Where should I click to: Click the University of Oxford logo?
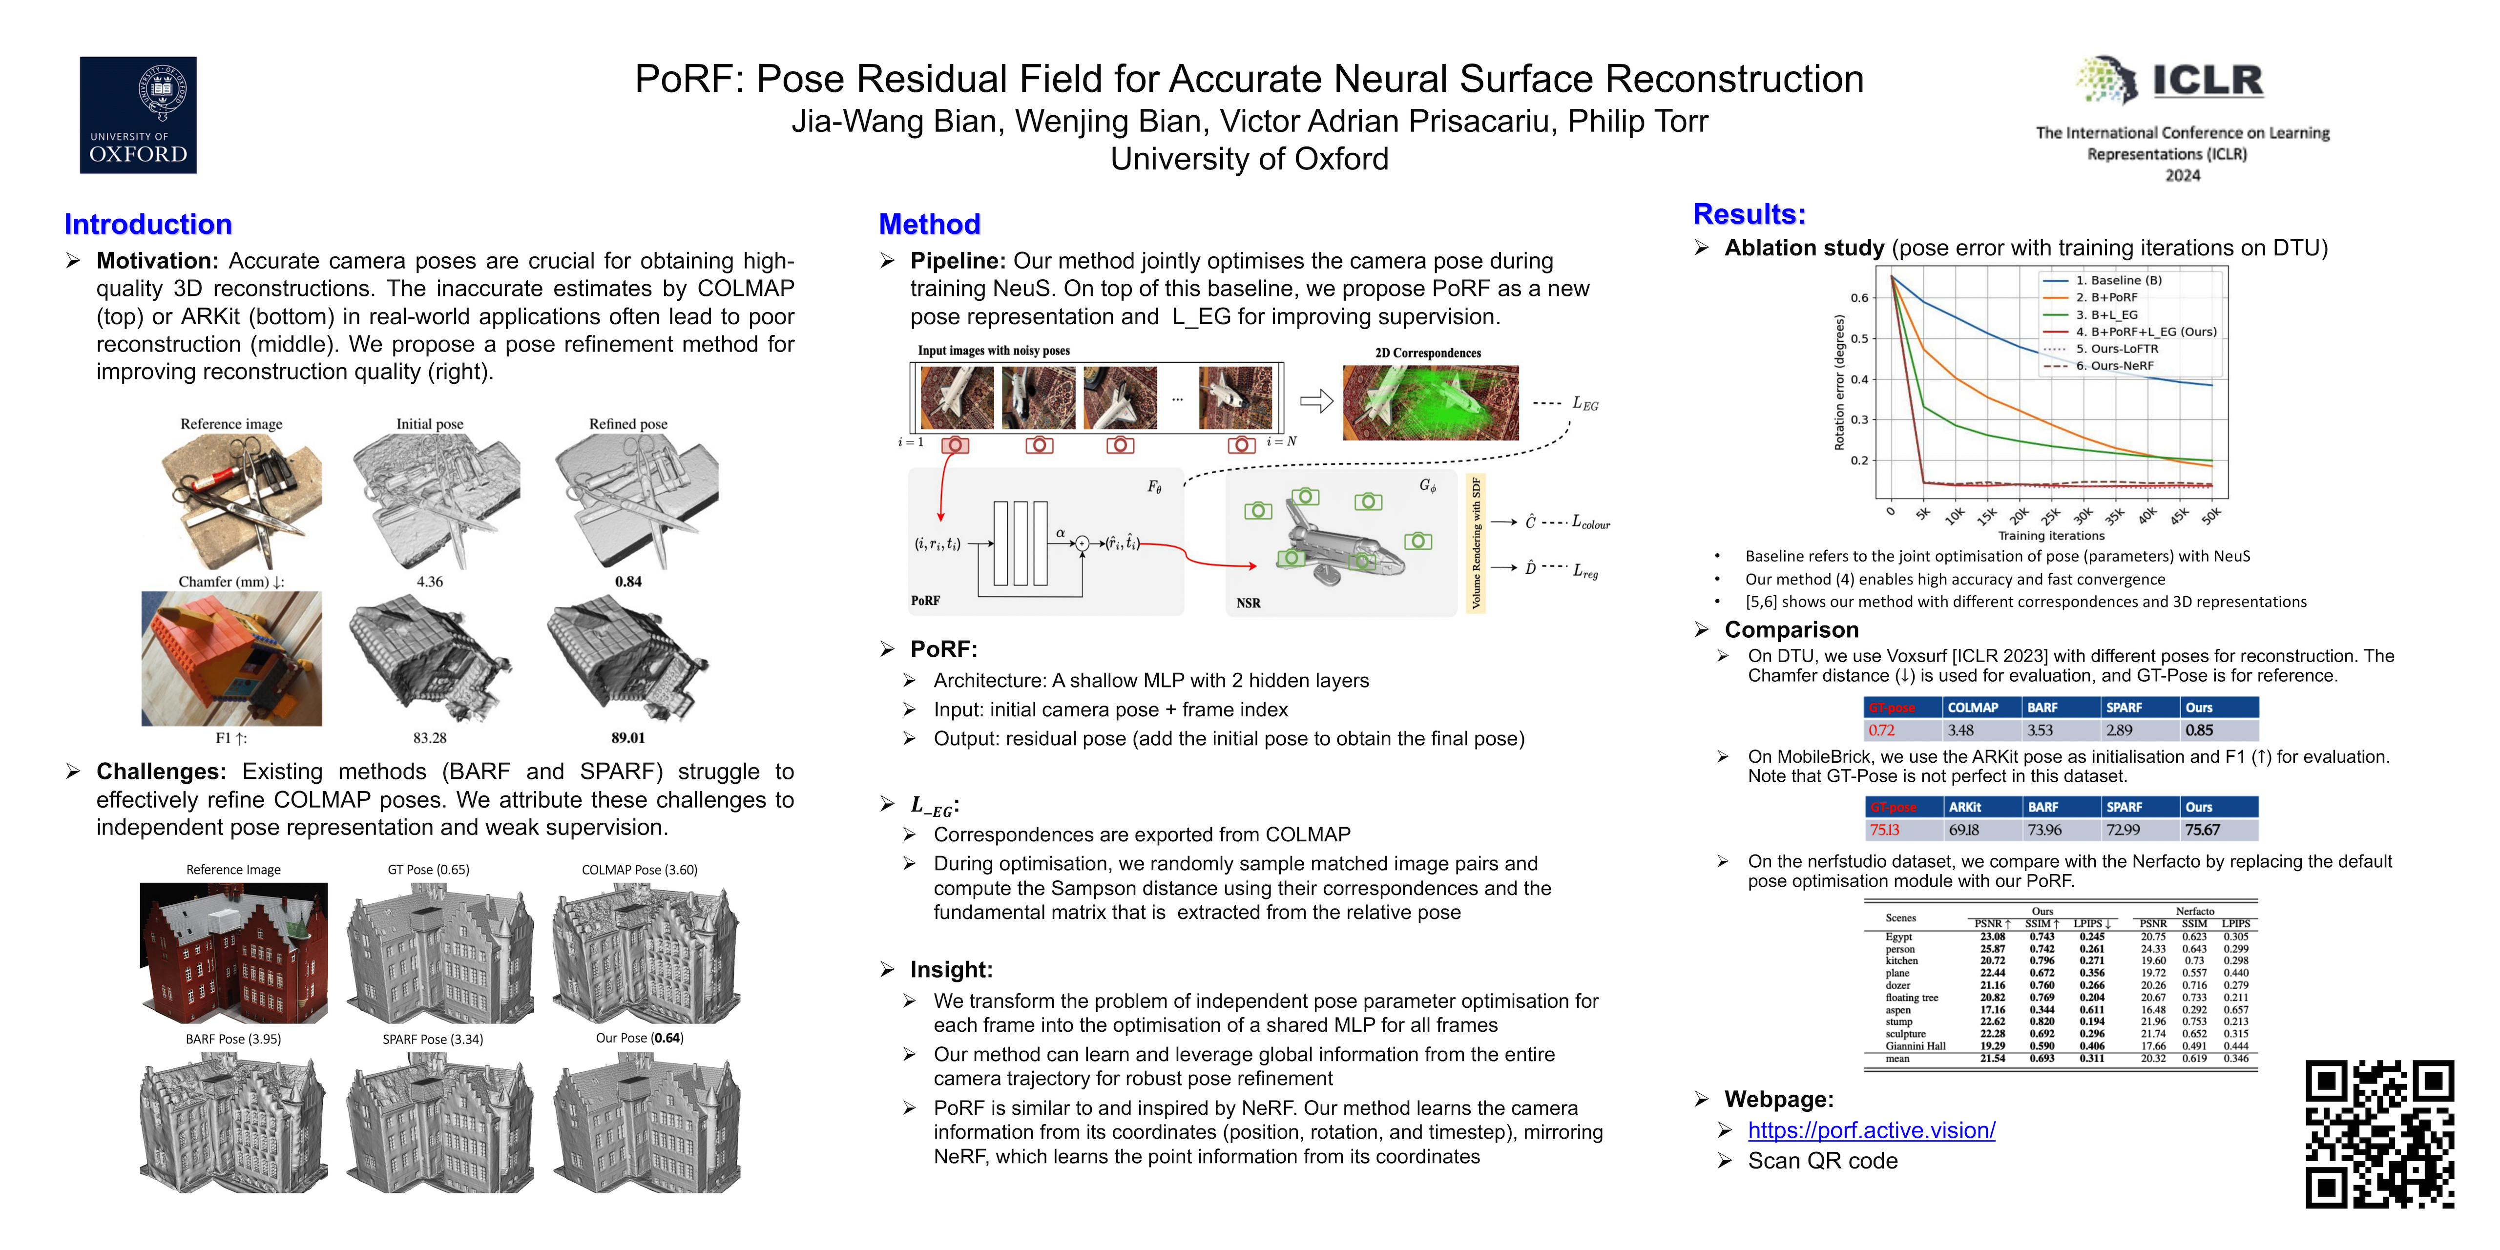pyautogui.click(x=138, y=115)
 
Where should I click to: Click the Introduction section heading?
pyautogui.click(x=147, y=224)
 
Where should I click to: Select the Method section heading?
pyautogui.click(x=929, y=224)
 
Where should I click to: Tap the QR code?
pyautogui.click(x=2380, y=1133)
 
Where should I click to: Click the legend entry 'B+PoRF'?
pyautogui.click(x=2106, y=297)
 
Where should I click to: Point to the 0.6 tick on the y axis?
pyautogui.click(x=1858, y=298)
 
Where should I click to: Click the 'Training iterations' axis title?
pyautogui.click(x=2051, y=536)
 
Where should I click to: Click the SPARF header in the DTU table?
pyautogui.click(x=2124, y=708)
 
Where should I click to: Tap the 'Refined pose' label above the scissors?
pyautogui.click(x=628, y=424)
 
